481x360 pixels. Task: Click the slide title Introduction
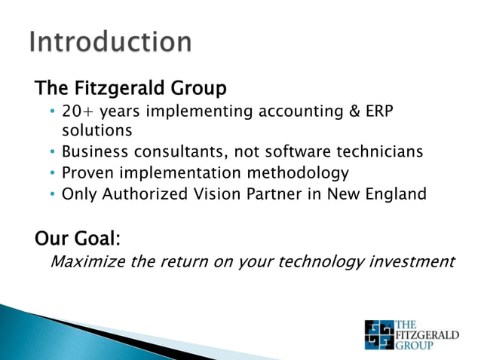coord(110,41)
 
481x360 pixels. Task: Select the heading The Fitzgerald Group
coord(130,89)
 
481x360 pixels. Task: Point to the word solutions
coord(97,130)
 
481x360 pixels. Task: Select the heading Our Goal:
coord(78,239)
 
